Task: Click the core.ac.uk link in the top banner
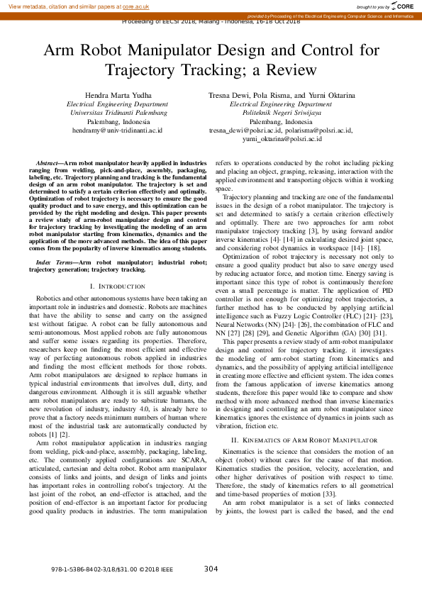coord(136,6)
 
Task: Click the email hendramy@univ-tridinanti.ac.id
coord(117,130)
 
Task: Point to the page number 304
coord(211,569)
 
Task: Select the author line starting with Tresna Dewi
coord(282,95)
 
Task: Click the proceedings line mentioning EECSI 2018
coord(211,21)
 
